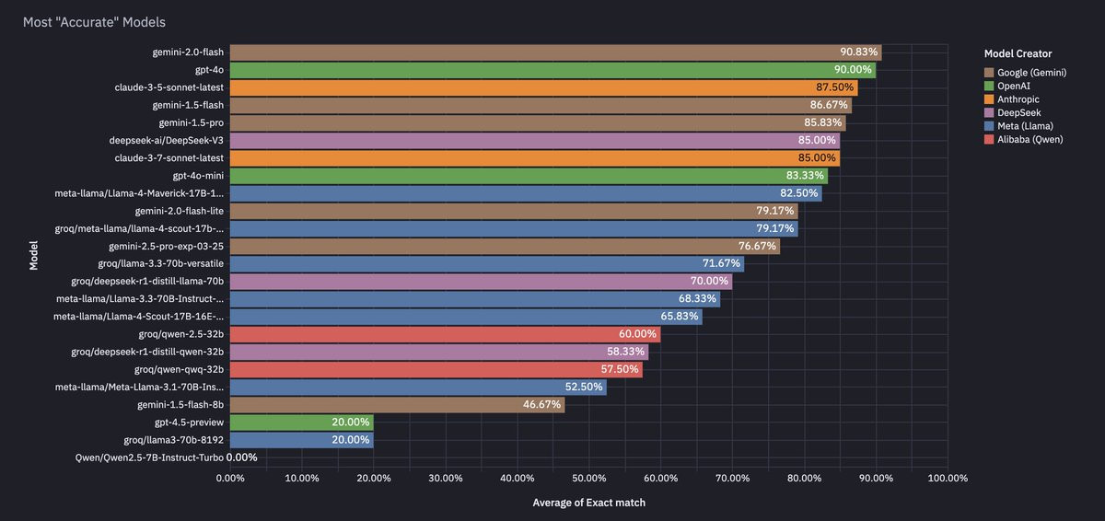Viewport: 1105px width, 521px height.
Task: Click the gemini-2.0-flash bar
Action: [x=552, y=52]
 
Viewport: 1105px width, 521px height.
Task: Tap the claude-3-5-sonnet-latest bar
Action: [x=543, y=87]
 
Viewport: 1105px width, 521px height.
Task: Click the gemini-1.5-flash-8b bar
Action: [x=397, y=404]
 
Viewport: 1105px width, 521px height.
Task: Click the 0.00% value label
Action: [x=242, y=457]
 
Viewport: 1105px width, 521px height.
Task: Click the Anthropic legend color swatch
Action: [x=989, y=98]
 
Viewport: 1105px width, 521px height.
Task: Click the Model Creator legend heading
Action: [x=1018, y=53]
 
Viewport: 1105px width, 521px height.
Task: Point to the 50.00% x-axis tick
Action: [x=588, y=479]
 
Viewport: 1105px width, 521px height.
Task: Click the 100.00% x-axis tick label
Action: [x=948, y=479]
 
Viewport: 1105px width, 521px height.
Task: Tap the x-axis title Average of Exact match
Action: [x=588, y=503]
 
